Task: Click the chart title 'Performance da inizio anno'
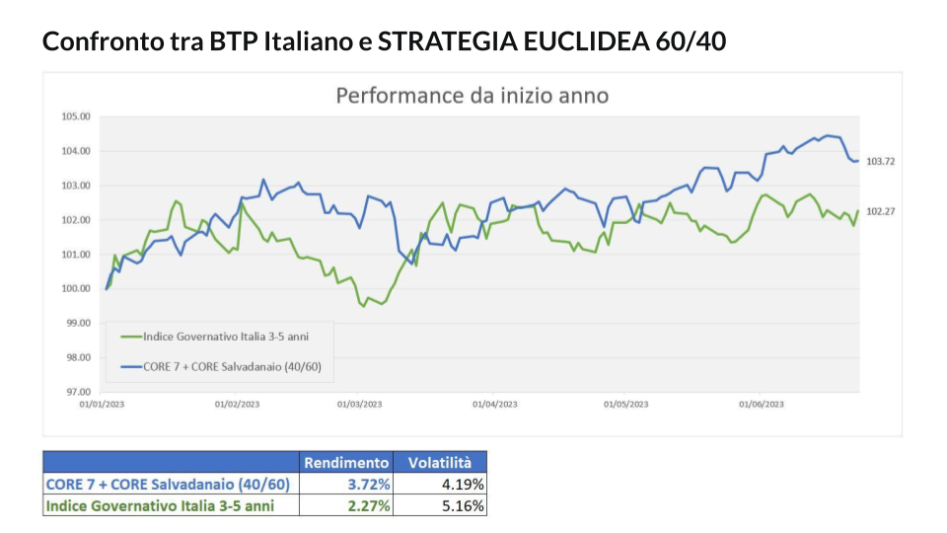point(472,96)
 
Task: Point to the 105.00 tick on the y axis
point(76,116)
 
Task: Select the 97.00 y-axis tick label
point(76,392)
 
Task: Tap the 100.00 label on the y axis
point(76,288)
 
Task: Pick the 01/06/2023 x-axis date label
point(761,405)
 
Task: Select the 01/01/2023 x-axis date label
point(102,405)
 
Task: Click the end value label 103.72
point(880,161)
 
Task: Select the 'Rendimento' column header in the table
point(345,463)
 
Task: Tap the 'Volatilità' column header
point(440,463)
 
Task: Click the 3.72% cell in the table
point(368,485)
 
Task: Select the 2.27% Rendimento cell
point(368,505)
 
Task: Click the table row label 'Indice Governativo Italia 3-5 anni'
point(159,505)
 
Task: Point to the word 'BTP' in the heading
point(232,42)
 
